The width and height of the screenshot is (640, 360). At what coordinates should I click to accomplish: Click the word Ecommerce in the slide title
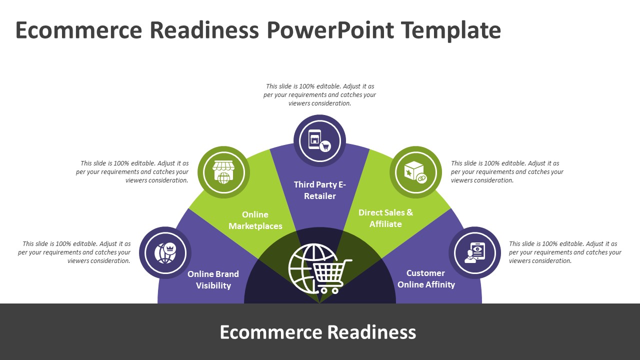[78, 30]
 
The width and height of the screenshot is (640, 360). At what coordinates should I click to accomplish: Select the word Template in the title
[451, 30]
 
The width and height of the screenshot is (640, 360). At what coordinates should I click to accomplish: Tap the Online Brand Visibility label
[213, 280]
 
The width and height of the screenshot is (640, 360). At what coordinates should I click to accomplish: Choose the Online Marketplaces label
[255, 220]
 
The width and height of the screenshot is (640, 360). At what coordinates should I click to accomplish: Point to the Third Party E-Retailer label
[320, 190]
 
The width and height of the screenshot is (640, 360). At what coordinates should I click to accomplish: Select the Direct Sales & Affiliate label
[385, 218]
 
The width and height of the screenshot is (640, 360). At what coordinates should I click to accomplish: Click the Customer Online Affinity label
[426, 279]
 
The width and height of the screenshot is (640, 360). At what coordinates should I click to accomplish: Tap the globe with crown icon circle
[165, 253]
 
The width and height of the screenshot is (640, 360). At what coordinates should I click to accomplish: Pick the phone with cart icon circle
[320, 141]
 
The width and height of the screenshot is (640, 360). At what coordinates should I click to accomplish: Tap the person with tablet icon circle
[474, 253]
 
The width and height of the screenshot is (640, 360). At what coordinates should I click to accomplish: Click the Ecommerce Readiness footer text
[318, 332]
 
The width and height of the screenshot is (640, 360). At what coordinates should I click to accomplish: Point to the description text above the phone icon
[320, 95]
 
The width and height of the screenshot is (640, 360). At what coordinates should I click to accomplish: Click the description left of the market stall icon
[133, 171]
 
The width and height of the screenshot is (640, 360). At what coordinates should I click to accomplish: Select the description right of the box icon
[507, 171]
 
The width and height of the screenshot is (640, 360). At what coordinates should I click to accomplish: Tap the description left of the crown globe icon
[75, 252]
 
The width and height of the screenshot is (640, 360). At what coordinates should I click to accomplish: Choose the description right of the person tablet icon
[565, 252]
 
